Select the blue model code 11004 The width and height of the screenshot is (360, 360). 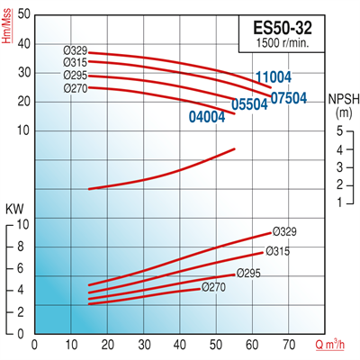pos(274,77)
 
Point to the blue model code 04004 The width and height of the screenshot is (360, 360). pos(208,115)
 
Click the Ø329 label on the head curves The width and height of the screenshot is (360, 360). pos(75,50)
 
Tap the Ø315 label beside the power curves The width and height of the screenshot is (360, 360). pos(278,251)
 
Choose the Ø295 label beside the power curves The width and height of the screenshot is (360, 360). pos(248,273)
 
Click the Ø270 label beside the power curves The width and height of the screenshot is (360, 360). pos(214,287)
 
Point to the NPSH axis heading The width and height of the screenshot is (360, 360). pos(343,105)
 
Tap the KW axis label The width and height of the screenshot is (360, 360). pos(14,210)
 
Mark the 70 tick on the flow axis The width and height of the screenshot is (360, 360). pos(289,344)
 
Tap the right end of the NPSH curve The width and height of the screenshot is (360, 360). pos(235,148)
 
